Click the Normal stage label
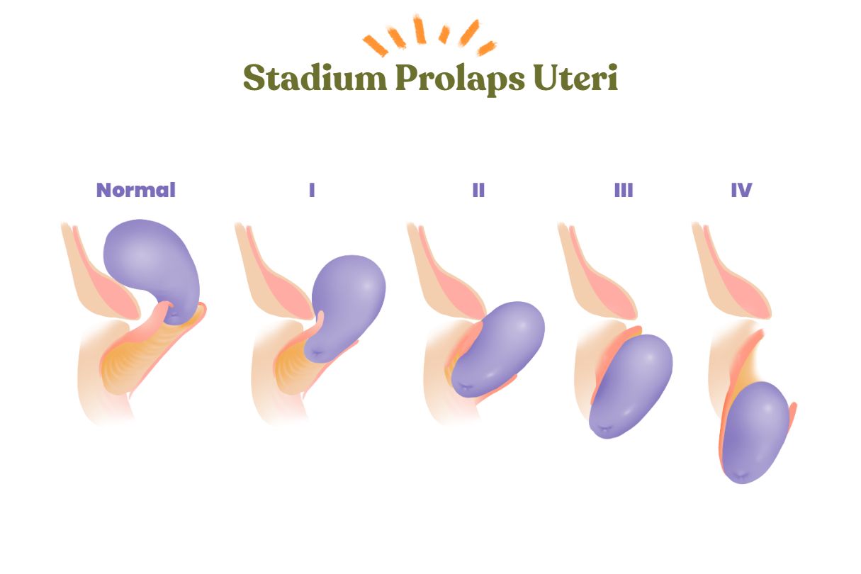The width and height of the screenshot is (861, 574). click(135, 190)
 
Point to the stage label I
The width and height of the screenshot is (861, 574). click(312, 190)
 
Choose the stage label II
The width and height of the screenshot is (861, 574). click(478, 190)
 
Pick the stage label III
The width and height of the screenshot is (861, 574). click(624, 190)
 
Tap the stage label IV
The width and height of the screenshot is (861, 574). click(741, 190)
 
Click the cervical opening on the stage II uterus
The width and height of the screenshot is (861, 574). click(464, 388)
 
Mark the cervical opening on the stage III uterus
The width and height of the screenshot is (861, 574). click(602, 429)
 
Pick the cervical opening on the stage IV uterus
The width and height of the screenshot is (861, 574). click(738, 474)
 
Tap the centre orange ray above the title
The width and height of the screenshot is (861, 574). click(420, 30)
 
